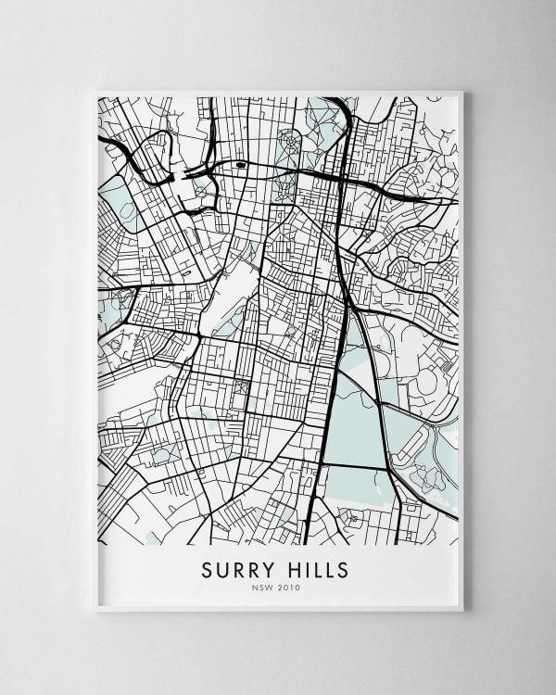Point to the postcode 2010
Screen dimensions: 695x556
291,587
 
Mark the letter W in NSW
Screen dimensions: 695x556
274,587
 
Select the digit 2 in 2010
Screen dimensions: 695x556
284,587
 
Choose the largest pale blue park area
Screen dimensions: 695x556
358,417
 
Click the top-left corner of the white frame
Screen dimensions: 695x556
95,91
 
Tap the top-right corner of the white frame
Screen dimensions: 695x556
463,91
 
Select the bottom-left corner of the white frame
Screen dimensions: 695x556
95,611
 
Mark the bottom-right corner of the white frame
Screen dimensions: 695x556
463,611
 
